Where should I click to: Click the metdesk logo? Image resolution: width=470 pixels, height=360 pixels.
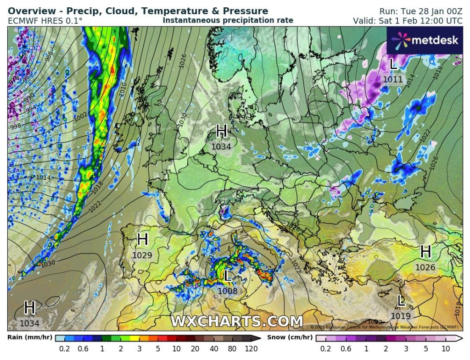click(x=425, y=40)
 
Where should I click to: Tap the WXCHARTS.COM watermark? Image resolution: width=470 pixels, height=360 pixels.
click(x=236, y=321)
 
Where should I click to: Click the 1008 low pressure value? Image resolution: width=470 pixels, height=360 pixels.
click(x=228, y=291)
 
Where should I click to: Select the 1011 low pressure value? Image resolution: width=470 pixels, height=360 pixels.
click(x=393, y=79)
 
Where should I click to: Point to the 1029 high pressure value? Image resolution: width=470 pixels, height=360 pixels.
click(x=142, y=255)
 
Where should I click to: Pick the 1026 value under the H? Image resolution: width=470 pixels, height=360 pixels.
click(x=425, y=267)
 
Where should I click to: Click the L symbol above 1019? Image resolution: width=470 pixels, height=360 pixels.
click(x=401, y=301)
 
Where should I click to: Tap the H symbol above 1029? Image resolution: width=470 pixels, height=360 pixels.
click(x=142, y=239)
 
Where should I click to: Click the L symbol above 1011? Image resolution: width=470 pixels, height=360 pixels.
click(x=393, y=64)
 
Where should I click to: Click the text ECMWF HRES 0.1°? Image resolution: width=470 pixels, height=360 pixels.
click(x=45, y=21)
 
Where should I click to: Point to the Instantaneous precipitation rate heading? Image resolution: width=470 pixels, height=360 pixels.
click(x=228, y=21)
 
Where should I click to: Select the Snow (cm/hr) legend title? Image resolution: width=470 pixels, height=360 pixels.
click(x=292, y=338)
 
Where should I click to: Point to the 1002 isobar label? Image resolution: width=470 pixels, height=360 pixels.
click(x=80, y=117)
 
